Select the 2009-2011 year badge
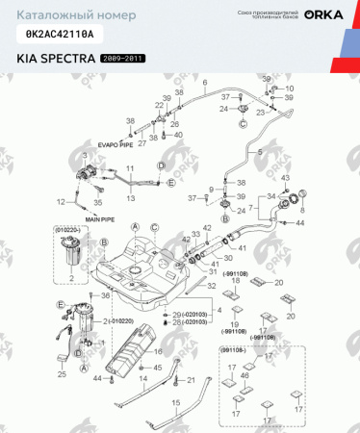[125, 58]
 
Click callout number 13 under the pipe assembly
[131, 194]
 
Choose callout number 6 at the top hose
[205, 86]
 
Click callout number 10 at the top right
[290, 89]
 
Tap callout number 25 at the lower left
[63, 372]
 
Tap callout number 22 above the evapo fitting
[159, 104]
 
